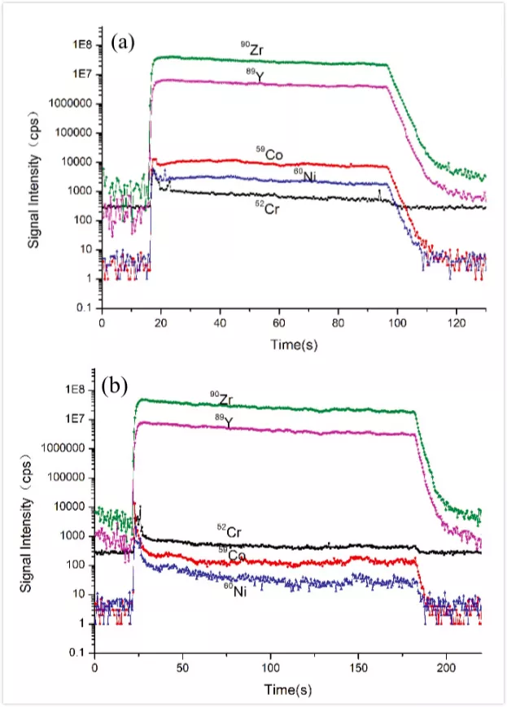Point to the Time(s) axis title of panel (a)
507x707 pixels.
point(295,344)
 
